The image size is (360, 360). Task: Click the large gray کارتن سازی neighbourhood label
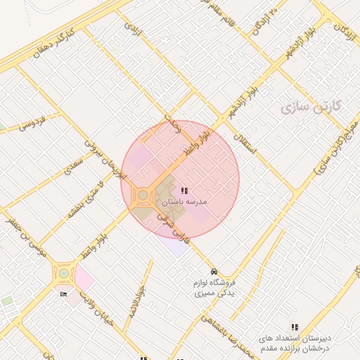pyautogui.click(x=309, y=107)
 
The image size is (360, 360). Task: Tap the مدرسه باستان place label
pyautogui.click(x=185, y=201)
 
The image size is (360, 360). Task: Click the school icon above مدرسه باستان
pyautogui.click(x=184, y=190)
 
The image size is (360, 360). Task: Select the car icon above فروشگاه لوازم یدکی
pyautogui.click(x=213, y=271)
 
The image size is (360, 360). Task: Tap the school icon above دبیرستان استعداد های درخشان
pyautogui.click(x=295, y=327)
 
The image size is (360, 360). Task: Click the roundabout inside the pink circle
pyautogui.click(x=143, y=194)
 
